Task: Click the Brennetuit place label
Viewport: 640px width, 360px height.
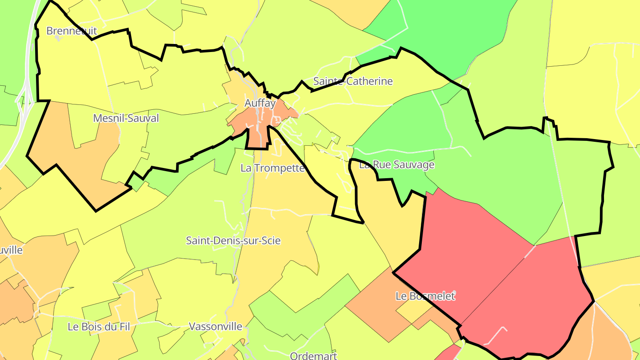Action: click(x=65, y=31)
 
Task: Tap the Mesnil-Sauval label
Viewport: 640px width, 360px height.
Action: click(x=126, y=118)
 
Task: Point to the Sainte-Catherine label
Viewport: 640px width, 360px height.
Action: click(x=353, y=81)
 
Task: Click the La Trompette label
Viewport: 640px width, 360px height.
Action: click(x=272, y=168)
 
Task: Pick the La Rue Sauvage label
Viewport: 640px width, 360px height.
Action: click(x=396, y=165)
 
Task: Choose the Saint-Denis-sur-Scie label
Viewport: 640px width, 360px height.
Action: click(x=233, y=241)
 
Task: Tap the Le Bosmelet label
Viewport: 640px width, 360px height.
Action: click(x=425, y=296)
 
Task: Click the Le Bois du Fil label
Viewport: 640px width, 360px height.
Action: click(x=99, y=327)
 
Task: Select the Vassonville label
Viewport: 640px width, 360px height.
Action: click(x=216, y=327)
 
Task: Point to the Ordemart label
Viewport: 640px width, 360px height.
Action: click(x=313, y=356)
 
